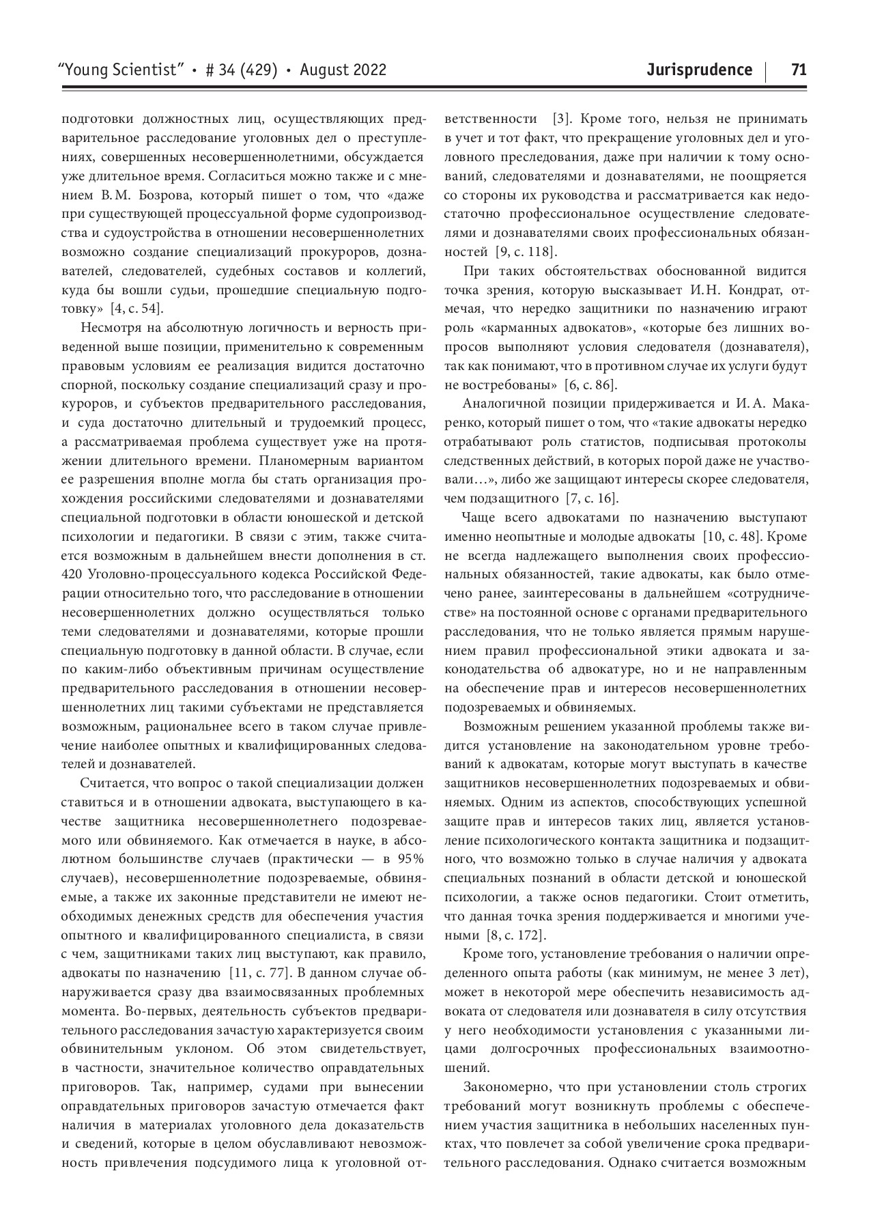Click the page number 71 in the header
(x=799, y=70)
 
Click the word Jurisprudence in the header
(x=699, y=70)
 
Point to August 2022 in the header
(x=343, y=70)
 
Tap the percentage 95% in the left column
(x=410, y=858)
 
